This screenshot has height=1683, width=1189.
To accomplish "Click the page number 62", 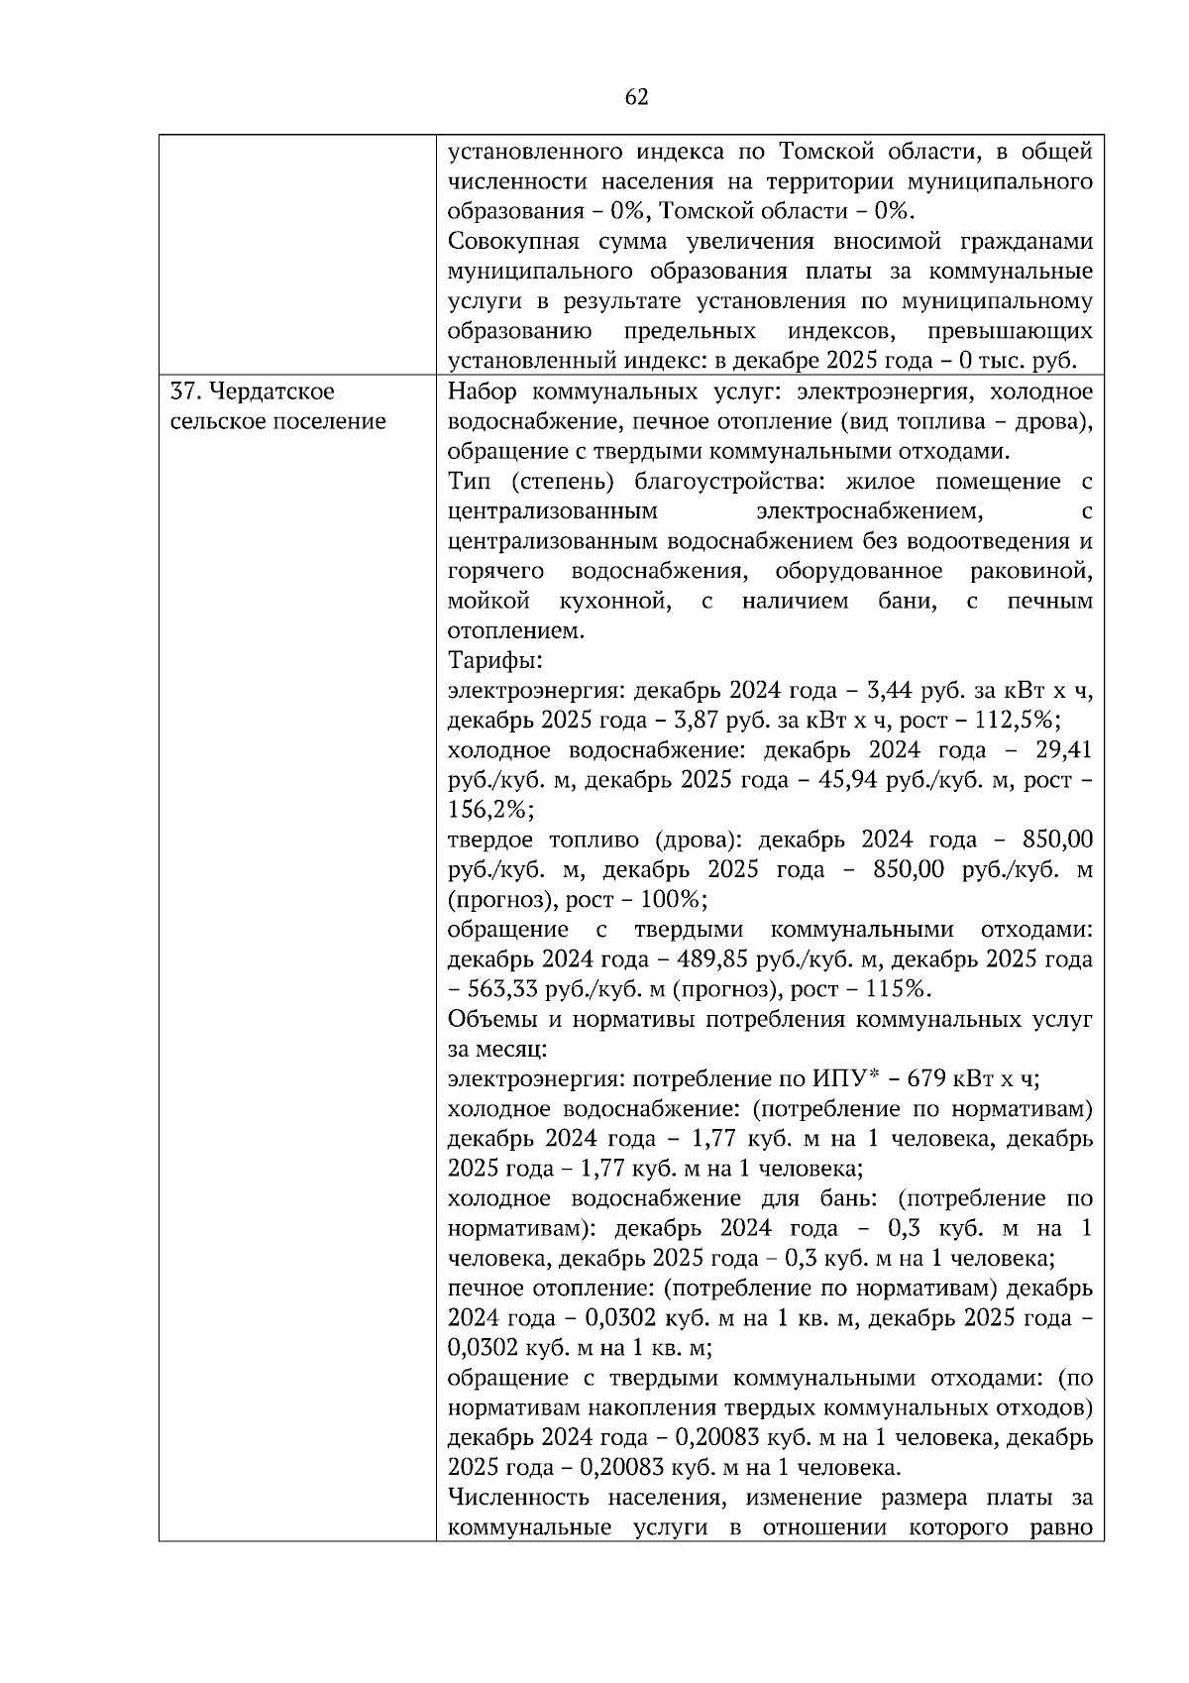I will tap(637, 96).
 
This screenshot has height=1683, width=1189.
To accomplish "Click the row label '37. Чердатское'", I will tap(252, 393).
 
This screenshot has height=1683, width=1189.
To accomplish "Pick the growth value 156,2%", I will tap(489, 811).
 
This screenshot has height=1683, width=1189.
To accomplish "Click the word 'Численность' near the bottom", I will tap(515, 1498).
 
